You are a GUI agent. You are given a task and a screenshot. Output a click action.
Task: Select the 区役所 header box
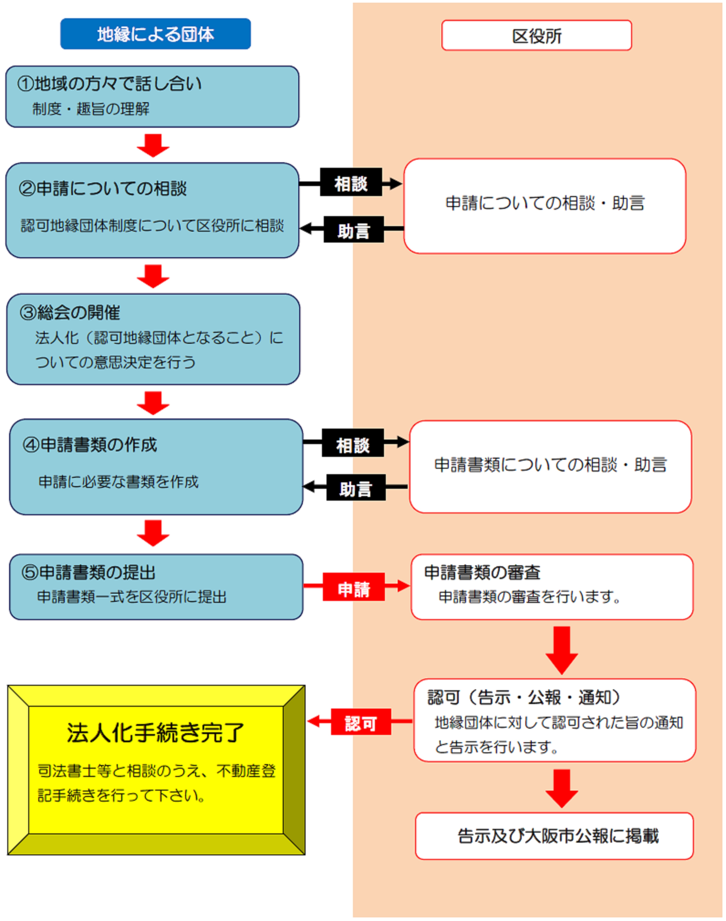pyautogui.click(x=536, y=36)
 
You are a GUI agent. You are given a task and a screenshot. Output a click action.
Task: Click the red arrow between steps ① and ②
pyautogui.click(x=153, y=145)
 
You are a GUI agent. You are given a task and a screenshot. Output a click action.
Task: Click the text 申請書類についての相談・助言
pyautogui.click(x=550, y=465)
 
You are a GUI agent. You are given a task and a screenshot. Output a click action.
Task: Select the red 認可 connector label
pyautogui.click(x=360, y=723)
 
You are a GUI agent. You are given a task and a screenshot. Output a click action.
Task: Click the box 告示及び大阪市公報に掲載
pyautogui.click(x=558, y=836)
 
